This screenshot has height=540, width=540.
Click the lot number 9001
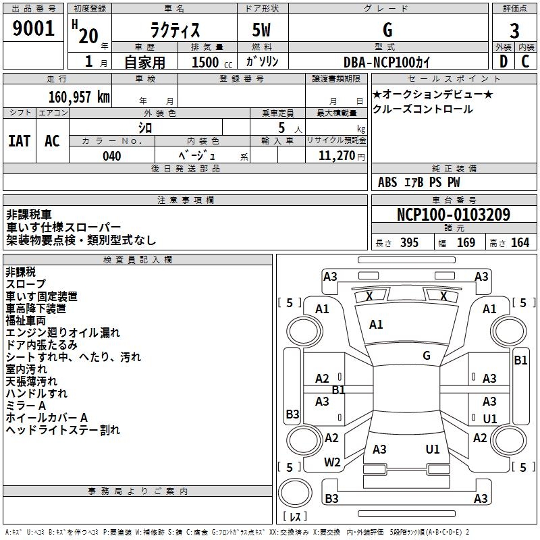coord(33,28)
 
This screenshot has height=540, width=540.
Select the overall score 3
coord(514,31)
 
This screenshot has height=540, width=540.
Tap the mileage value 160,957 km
coord(79,97)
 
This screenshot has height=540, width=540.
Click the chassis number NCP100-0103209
coord(454,215)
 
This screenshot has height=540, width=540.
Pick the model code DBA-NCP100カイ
coord(387,62)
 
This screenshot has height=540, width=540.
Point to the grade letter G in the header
coord(387,30)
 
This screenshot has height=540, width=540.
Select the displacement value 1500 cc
coord(212,62)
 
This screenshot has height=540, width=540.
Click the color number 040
coord(112,156)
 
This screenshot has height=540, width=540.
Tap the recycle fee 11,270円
coord(342,156)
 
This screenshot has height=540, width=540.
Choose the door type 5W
coord(261,30)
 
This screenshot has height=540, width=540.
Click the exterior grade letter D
coord(504,61)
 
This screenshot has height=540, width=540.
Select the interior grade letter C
coord(525,61)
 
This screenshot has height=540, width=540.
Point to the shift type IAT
coord(20,141)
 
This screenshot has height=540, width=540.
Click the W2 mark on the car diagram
coord(332,462)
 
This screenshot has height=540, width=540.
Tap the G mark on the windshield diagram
coord(427,356)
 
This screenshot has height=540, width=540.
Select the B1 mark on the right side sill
coord(520,360)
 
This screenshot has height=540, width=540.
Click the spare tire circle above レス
coord(295,492)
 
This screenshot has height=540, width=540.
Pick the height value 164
coord(520,242)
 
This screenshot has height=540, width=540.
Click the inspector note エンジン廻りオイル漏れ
coord(63,333)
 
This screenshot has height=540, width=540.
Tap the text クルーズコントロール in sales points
coord(423,109)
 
